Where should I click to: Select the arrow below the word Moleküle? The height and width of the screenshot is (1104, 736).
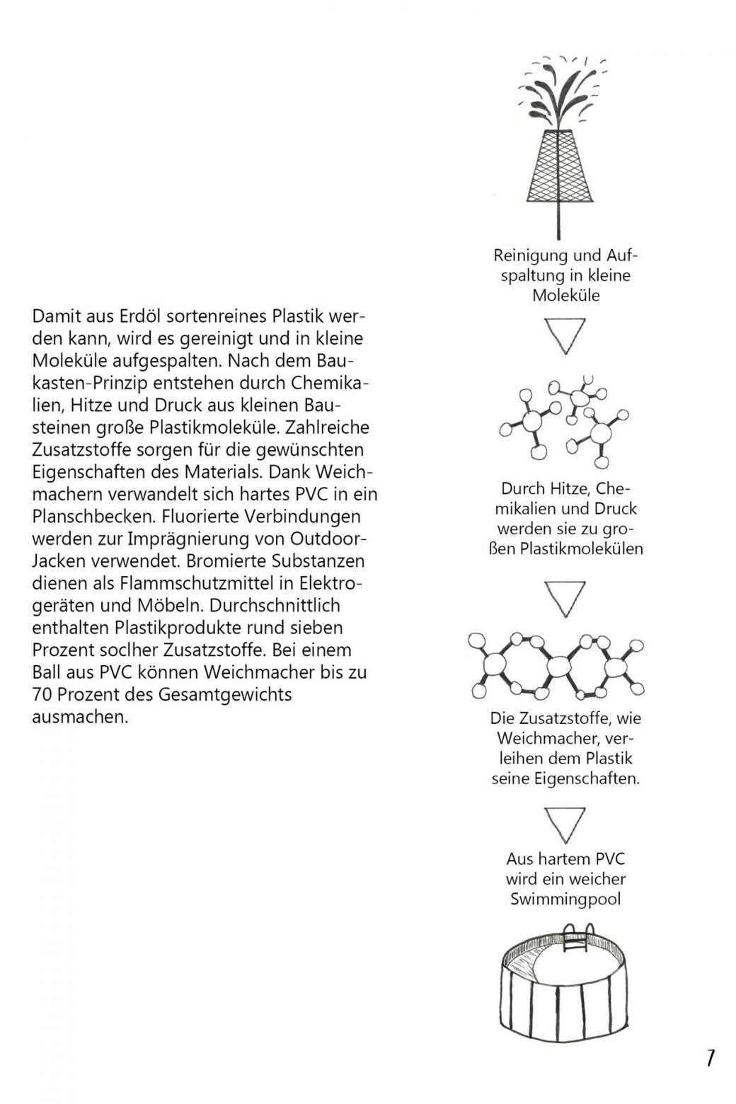pyautogui.click(x=565, y=335)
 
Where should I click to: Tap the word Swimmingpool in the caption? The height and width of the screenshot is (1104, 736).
pyautogui.click(x=565, y=899)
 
